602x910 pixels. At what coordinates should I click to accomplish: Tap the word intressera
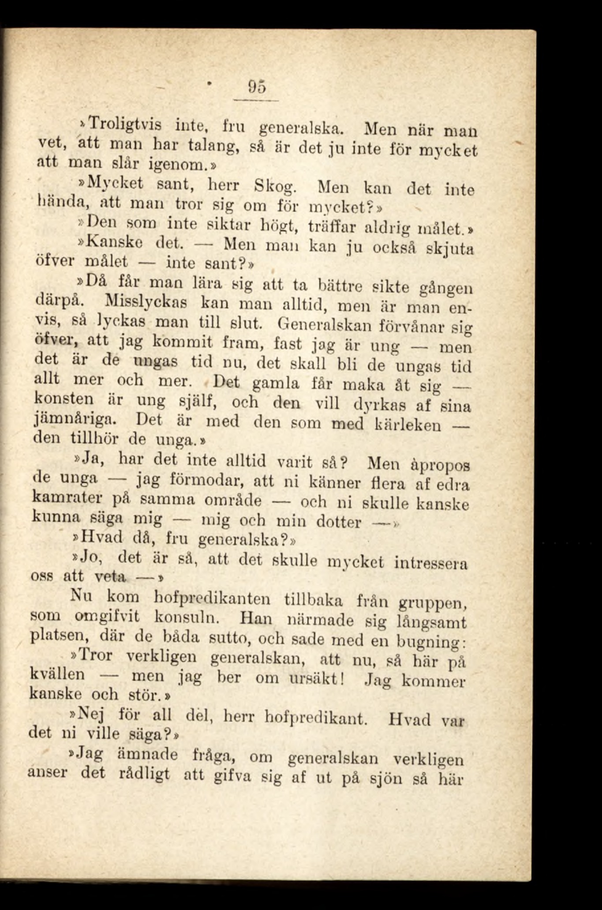coord(430,564)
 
